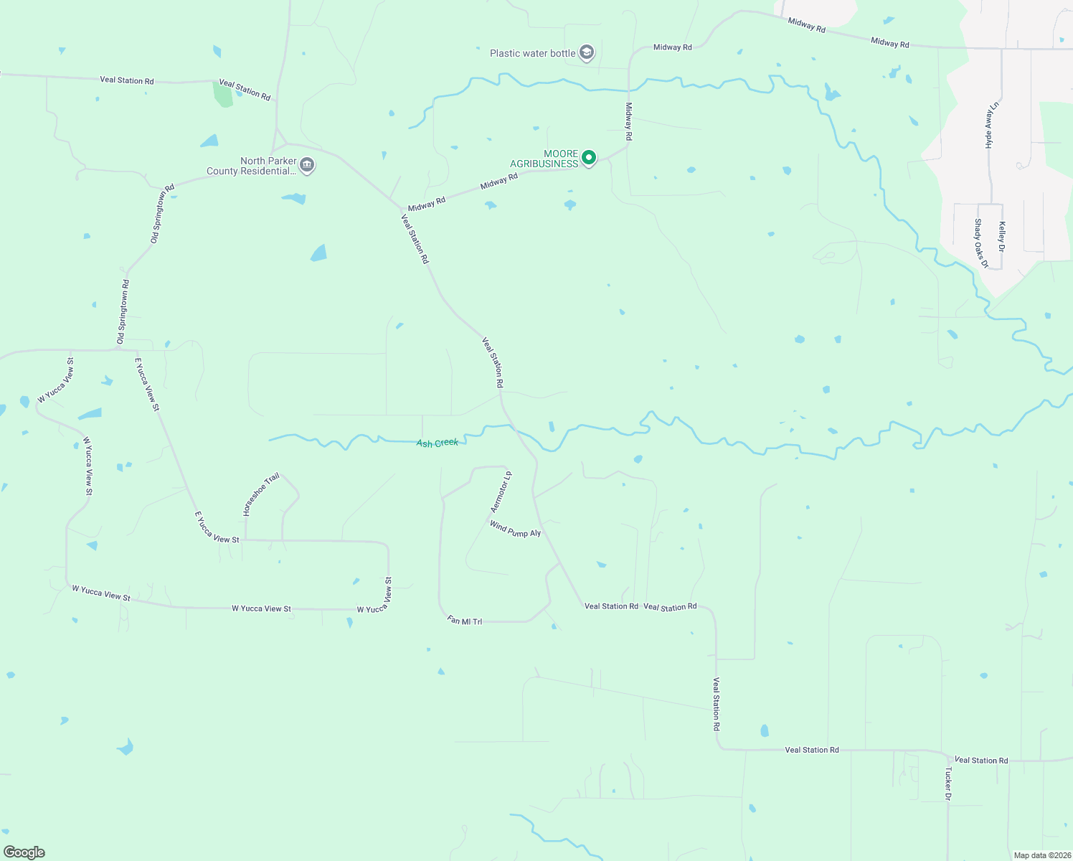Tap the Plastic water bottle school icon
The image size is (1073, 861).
(x=587, y=53)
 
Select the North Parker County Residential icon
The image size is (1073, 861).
(x=307, y=166)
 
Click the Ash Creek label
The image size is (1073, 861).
(x=438, y=443)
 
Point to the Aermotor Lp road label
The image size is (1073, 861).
(x=501, y=492)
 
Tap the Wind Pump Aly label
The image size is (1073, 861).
(x=515, y=530)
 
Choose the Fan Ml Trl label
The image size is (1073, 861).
(x=465, y=621)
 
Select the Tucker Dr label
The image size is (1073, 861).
(x=948, y=784)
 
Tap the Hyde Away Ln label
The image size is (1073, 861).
(x=992, y=125)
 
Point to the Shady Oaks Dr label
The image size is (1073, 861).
(x=980, y=244)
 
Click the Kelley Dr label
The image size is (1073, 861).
(x=1002, y=236)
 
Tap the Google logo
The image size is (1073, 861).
(x=24, y=852)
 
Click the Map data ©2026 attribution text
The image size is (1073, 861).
(x=1042, y=855)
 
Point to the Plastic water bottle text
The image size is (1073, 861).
(x=532, y=53)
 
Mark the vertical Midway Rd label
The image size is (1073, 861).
(x=629, y=121)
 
